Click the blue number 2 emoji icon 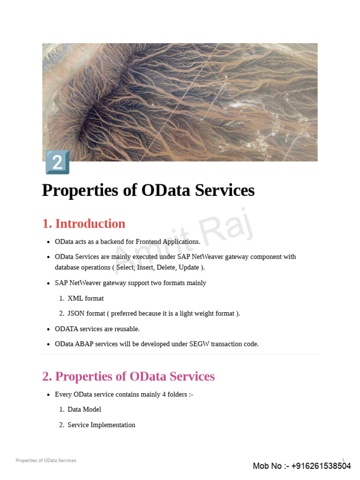tap(57, 162)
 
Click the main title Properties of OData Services tap(148, 190)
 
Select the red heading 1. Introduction tap(84, 224)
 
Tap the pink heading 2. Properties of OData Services tap(128, 376)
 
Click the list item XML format tap(85, 298)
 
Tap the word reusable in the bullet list tap(125, 329)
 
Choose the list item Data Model tap(84, 409)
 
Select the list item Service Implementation tap(101, 425)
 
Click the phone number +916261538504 tap(321, 466)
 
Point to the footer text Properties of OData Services tap(46, 460)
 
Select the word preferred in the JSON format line tap(126, 313)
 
